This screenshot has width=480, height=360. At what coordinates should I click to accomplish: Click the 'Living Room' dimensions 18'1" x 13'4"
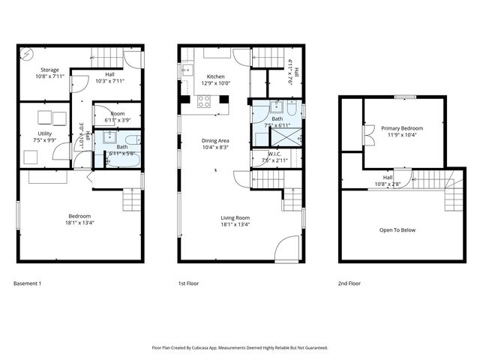[x=235, y=223]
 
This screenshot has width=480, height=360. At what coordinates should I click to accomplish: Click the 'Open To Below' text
[x=397, y=230]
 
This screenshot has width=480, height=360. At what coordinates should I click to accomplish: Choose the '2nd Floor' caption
[x=349, y=283]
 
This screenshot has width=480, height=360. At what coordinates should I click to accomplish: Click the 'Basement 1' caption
[x=28, y=283]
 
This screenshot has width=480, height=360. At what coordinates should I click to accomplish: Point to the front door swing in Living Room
[x=286, y=247]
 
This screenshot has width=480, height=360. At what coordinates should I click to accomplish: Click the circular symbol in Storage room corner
[x=26, y=54]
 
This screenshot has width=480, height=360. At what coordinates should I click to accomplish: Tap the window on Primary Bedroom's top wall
[x=405, y=96]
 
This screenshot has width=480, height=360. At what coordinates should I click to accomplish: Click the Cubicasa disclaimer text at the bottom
[x=239, y=347]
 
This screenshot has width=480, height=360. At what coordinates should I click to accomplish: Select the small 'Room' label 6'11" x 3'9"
[x=117, y=116]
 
